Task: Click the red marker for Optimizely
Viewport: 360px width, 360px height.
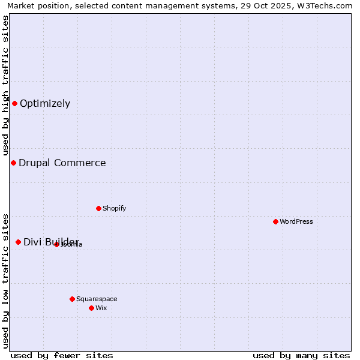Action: (x=14, y=103)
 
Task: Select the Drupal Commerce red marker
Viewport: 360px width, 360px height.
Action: (x=13, y=163)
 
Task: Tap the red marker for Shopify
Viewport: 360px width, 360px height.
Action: (x=98, y=208)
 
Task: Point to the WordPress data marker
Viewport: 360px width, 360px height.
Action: (x=275, y=221)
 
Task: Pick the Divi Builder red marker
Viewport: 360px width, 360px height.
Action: (x=18, y=242)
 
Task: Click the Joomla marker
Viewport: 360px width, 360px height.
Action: (x=56, y=244)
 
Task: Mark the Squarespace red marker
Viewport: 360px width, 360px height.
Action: (x=72, y=299)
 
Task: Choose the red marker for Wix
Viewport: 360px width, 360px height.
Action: (x=91, y=308)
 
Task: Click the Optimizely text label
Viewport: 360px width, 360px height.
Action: (x=45, y=103)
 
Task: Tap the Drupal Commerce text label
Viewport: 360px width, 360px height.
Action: (x=62, y=163)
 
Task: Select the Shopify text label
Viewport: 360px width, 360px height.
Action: (x=115, y=208)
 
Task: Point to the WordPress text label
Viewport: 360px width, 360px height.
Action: (x=296, y=221)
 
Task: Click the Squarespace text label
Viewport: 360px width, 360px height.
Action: (x=97, y=299)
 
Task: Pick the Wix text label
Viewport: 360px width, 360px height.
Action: (x=101, y=308)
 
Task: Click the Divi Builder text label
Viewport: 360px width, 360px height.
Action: (x=51, y=242)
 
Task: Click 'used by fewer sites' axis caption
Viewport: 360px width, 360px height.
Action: (x=62, y=355)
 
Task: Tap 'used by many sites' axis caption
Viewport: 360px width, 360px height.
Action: (x=301, y=355)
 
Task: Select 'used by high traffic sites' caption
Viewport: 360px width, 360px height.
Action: (x=5, y=85)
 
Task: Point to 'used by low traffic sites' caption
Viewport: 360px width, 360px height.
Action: (x=5, y=280)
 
